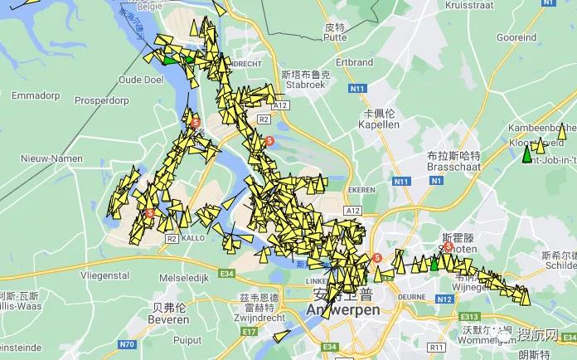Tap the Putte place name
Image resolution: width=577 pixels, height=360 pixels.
[335, 37]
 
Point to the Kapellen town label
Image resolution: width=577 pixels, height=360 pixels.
[378, 124]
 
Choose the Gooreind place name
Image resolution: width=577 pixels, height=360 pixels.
[516, 37]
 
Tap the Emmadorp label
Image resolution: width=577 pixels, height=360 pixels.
[34, 84]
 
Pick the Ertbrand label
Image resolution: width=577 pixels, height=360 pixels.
[355, 62]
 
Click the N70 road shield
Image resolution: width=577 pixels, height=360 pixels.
[127, 344]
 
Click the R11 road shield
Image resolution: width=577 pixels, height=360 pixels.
[437, 347]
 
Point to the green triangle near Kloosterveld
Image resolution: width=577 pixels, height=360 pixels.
[526, 155]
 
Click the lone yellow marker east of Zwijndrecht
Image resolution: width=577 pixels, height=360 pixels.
[281, 336]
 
